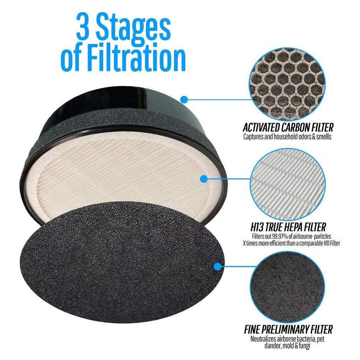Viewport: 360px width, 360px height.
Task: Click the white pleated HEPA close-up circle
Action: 288,185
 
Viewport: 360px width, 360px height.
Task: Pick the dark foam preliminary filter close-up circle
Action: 288,287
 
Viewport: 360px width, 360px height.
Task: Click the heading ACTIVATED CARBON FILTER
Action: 288,127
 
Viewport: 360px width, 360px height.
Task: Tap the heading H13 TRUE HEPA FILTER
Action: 288,227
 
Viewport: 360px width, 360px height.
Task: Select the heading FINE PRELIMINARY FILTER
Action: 288,329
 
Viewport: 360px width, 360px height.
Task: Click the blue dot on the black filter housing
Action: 184,99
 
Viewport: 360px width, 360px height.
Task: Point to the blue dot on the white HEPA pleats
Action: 204,179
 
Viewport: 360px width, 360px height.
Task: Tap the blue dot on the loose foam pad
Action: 217,266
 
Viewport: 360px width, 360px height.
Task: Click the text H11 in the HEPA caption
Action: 324,243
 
